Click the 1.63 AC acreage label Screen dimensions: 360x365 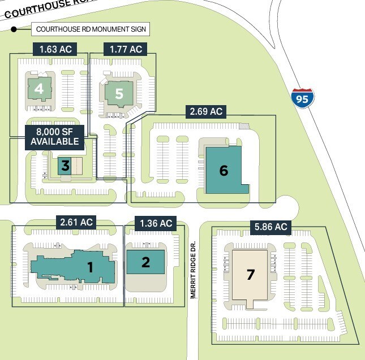pos(54,49)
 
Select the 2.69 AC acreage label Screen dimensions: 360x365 pos(206,111)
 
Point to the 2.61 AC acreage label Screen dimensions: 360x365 pos(76,222)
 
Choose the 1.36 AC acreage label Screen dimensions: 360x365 pos(156,223)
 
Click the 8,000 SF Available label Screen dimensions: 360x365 pos(54,137)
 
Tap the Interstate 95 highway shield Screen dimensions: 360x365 pos(302,98)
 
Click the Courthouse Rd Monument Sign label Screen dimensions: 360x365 pos(91,29)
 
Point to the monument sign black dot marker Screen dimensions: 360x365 pos(14,29)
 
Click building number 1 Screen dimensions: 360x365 pos(90,267)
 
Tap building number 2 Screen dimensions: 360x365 pos(145,262)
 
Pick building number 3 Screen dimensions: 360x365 pos(65,166)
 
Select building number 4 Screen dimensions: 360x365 pos(38,89)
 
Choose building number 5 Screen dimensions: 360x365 pos(119,93)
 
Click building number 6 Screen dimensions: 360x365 pos(224,170)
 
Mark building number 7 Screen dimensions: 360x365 pos(251,275)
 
